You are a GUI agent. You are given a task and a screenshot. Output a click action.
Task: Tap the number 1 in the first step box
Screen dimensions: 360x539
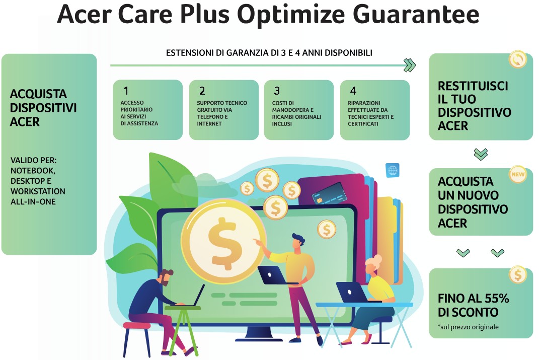(126, 91)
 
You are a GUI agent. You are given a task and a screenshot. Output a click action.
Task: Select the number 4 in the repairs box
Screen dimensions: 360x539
(353, 91)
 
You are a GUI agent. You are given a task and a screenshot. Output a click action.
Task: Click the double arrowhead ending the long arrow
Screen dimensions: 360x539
(410, 65)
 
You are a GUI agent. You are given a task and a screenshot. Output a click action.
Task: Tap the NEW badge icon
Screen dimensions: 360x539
(517, 175)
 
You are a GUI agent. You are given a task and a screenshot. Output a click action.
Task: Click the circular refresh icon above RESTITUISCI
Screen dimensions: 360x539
(517, 59)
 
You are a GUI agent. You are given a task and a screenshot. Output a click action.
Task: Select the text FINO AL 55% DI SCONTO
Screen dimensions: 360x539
(473, 305)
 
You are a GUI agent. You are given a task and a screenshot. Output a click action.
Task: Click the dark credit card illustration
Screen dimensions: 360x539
(327, 194)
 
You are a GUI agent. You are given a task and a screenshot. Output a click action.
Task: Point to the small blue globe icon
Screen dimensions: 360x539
(392, 170)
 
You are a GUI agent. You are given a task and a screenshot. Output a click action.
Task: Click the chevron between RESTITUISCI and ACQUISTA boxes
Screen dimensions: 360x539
(481, 154)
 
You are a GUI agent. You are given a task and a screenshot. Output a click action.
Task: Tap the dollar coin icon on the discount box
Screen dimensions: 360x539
(517, 275)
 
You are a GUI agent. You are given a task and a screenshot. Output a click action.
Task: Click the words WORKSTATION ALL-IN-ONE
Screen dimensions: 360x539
(38, 196)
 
